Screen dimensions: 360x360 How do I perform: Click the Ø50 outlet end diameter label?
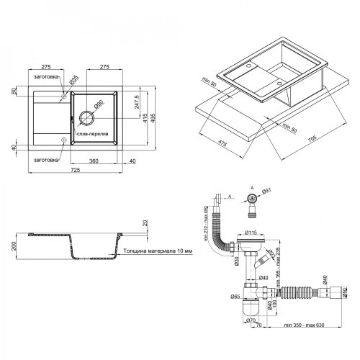tap(345, 292)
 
